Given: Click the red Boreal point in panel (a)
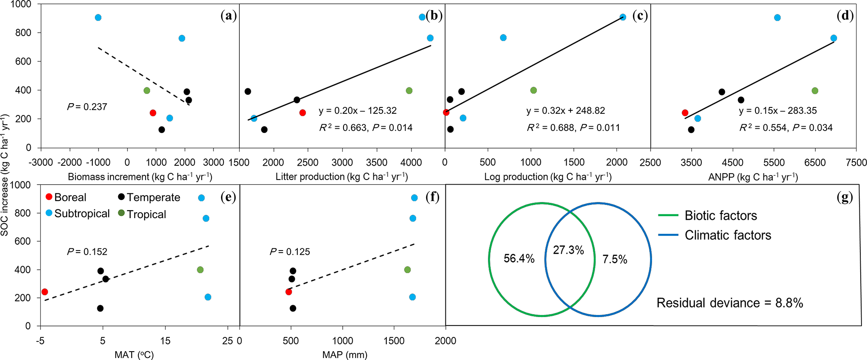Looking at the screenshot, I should pyautogui.click(x=153, y=113).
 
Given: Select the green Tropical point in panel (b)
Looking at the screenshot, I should pyautogui.click(x=409, y=91).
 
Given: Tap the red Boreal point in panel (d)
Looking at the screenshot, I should pyautogui.click(x=685, y=113).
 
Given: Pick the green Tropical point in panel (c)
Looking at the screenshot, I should pyautogui.click(x=534, y=90).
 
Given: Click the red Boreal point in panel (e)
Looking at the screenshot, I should pyautogui.click(x=45, y=292).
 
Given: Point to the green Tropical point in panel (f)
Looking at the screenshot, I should pyautogui.click(x=407, y=270).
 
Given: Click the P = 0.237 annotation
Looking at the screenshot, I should pyautogui.click(x=87, y=107).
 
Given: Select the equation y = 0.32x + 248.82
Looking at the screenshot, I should pyautogui.click(x=565, y=111).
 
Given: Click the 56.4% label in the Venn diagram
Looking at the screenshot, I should pyautogui.click(x=519, y=259).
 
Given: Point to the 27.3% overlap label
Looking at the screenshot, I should pyautogui.click(x=568, y=250).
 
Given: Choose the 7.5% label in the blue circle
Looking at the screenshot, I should pyautogui.click(x=615, y=259).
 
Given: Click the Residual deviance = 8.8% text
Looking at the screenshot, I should pyautogui.click(x=729, y=303).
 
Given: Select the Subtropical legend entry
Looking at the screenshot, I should pyautogui.click(x=82, y=214).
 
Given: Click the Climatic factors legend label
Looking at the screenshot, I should pyautogui.click(x=728, y=235).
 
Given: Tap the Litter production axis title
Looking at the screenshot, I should pyautogui.click(x=341, y=177).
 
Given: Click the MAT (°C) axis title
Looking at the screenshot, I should pyautogui.click(x=134, y=355).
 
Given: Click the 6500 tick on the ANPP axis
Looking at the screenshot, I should pyautogui.click(x=815, y=162).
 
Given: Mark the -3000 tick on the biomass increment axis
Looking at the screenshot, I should pyautogui.click(x=41, y=162).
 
